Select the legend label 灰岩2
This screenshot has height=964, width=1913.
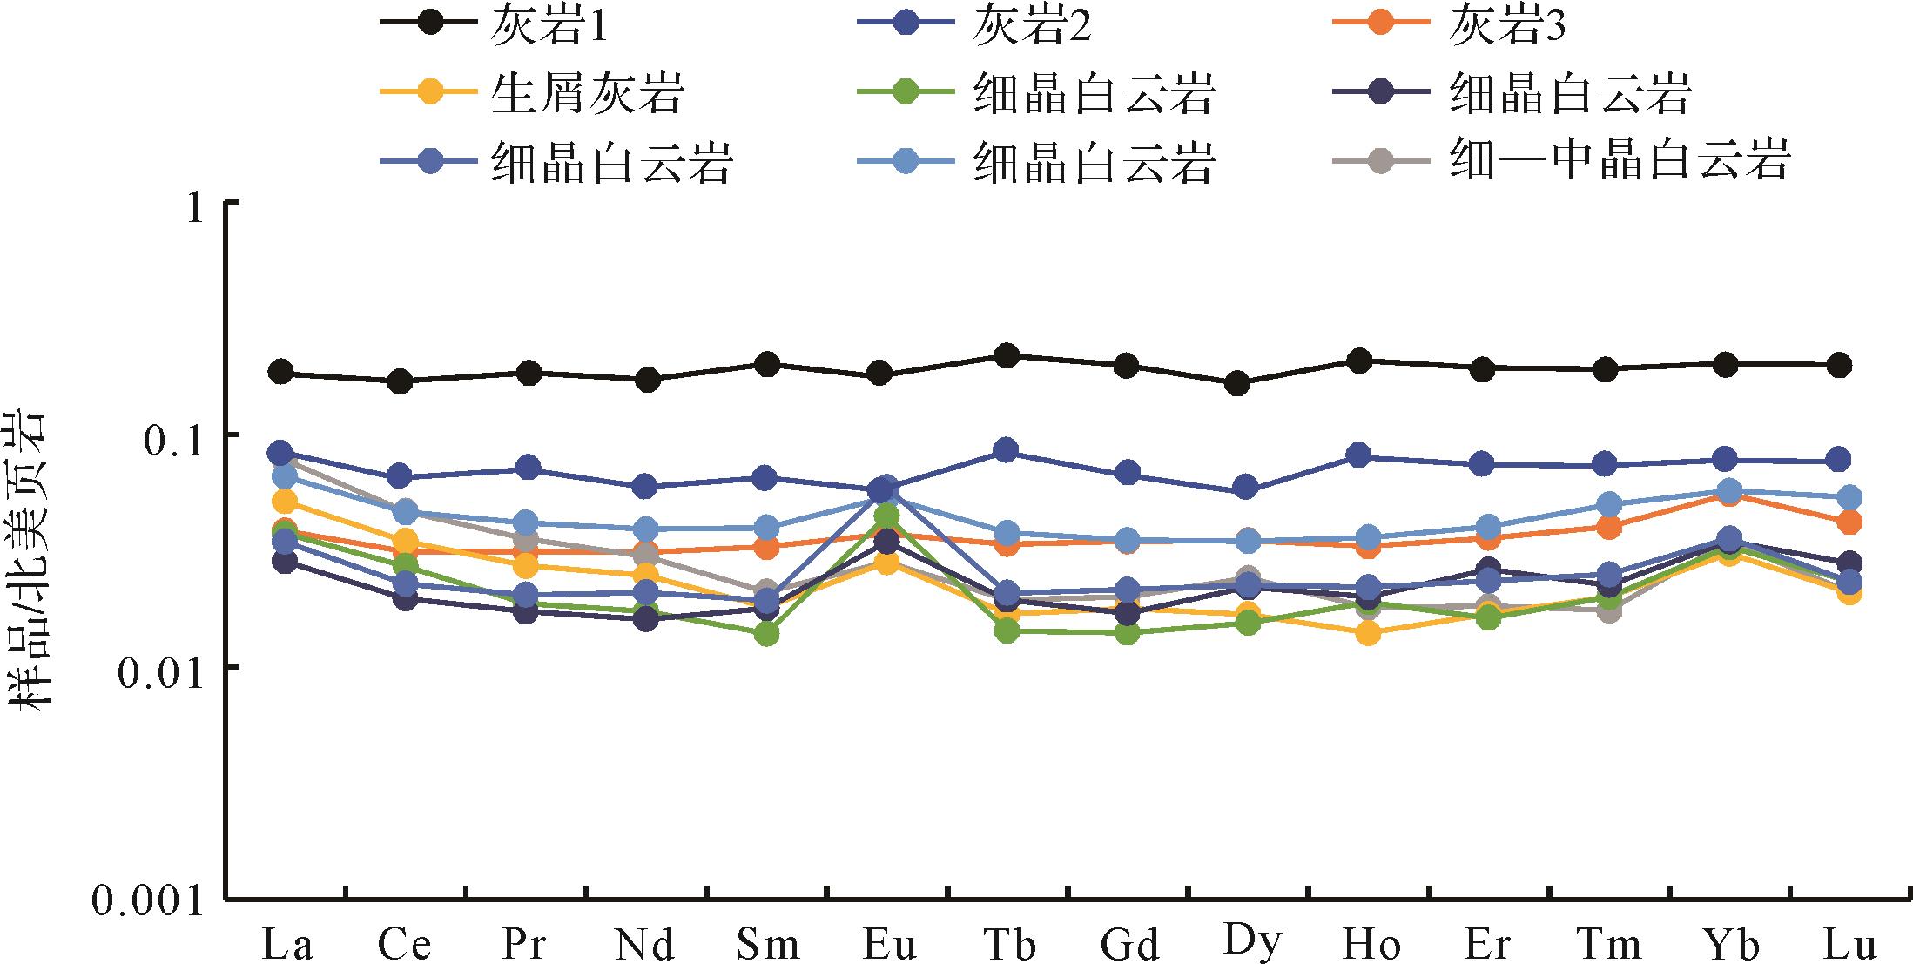click(1032, 28)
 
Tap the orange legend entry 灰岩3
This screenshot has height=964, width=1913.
click(1507, 28)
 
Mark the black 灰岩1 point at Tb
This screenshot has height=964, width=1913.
click(1007, 355)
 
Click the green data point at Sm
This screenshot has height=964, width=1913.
click(766, 633)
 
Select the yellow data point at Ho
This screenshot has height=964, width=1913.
click(1368, 633)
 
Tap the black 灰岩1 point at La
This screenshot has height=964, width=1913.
click(280, 373)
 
